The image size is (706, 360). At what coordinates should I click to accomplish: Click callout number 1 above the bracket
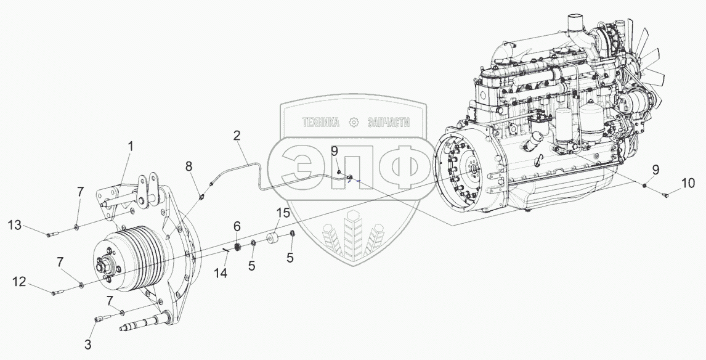coord(130,147)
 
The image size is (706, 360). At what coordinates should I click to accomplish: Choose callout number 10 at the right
coord(688,183)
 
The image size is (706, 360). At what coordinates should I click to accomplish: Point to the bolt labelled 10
coord(666,195)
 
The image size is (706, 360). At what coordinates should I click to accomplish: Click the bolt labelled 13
coord(53,234)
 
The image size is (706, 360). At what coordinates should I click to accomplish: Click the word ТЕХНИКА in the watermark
coord(320,123)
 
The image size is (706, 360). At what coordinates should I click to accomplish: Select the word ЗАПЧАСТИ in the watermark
coord(388,123)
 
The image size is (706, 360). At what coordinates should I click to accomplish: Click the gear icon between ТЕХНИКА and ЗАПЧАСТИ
coord(354,122)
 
